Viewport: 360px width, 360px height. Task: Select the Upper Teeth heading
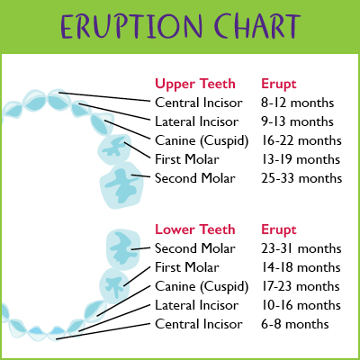tap(195, 84)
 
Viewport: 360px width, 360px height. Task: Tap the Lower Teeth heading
tap(195, 229)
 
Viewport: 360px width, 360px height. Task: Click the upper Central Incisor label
tap(199, 103)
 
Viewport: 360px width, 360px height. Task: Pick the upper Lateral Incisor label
tap(197, 121)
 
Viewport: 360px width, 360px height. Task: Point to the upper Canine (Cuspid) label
tap(202, 141)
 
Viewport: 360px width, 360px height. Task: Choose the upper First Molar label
tap(187, 159)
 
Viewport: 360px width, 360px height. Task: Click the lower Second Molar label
tap(195, 248)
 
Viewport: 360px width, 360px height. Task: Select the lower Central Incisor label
tap(199, 324)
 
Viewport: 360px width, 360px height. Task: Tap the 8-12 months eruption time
tap(297, 103)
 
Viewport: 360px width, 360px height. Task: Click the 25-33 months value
tap(301, 178)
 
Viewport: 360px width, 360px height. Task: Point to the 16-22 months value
tap(301, 140)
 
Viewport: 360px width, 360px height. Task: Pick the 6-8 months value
tap(295, 324)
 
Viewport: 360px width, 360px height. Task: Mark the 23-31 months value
tap(301, 248)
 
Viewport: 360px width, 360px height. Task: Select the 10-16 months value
tap(301, 305)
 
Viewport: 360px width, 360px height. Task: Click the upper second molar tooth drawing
tap(121, 185)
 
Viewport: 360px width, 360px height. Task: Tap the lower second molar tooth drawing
tap(123, 249)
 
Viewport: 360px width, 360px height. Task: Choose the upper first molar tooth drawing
tap(114, 149)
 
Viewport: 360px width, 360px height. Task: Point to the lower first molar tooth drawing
tap(114, 285)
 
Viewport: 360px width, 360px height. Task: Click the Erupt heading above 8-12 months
tap(279, 84)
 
